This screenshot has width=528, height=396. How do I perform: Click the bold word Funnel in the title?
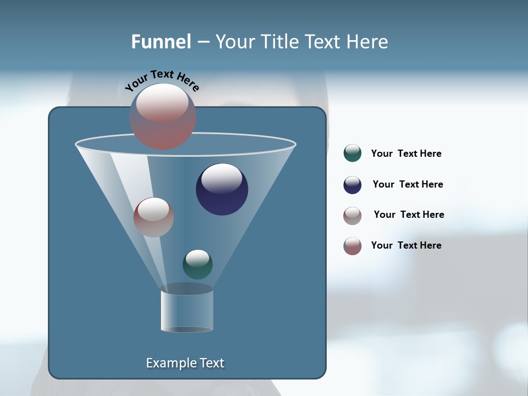161,42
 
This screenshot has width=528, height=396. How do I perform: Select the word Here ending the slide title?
369,42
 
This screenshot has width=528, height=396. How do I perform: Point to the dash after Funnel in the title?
202,42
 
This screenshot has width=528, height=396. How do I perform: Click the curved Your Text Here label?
162,80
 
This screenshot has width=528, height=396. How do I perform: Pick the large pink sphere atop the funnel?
163,117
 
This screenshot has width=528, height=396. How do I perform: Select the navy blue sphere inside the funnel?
222,190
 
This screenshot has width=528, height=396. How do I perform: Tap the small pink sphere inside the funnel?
153,217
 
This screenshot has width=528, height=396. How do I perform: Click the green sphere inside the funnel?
197,265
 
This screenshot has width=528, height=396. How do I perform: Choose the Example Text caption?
185,363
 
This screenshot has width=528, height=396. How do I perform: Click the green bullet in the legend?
353,153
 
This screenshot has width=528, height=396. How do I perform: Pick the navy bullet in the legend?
353,185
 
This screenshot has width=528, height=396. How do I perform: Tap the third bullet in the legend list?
353,216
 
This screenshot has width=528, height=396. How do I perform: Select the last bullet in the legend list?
353,246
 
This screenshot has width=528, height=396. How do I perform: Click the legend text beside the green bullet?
406,154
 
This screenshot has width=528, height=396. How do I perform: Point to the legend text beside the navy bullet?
408,185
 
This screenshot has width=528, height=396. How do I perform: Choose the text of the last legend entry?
406,246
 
